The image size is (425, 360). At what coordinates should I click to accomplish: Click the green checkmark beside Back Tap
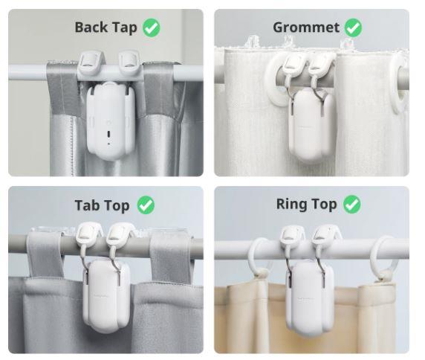[x=152, y=28]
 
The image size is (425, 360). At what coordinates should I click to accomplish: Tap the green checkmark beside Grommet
[x=353, y=28]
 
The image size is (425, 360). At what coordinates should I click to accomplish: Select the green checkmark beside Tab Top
[x=146, y=205]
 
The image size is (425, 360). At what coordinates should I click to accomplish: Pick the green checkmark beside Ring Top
[x=352, y=205]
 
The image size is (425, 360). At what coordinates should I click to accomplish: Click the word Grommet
[x=306, y=28]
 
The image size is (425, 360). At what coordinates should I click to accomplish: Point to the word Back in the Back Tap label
[x=91, y=28]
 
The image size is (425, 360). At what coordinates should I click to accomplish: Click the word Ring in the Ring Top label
[x=290, y=204]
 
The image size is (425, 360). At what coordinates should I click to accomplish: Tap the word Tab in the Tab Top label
[x=86, y=205]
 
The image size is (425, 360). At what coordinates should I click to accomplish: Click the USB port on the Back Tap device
[x=108, y=134]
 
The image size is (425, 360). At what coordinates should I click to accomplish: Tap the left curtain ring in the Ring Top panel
[x=259, y=257]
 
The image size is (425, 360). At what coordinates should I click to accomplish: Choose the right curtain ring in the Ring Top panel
[x=383, y=257]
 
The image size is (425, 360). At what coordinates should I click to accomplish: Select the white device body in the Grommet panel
[x=311, y=125]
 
